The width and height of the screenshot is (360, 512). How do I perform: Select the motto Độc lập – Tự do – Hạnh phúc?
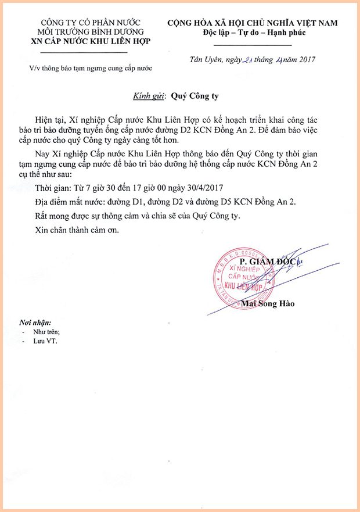point(256,33)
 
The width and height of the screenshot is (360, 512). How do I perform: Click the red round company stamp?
point(244,277)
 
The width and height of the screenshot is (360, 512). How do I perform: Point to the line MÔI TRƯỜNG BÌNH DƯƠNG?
point(91,32)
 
